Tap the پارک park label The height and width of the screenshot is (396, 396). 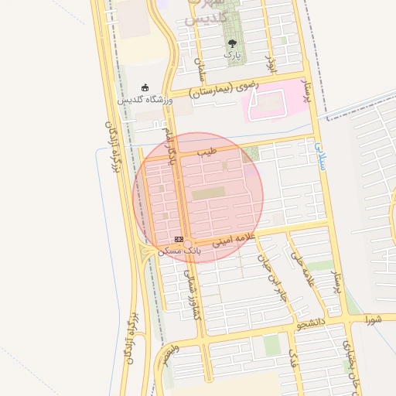pyautogui.click(x=232, y=55)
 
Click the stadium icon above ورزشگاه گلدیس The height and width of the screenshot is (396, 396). pyautogui.click(x=145, y=88)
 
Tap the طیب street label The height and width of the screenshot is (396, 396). pyautogui.click(x=207, y=152)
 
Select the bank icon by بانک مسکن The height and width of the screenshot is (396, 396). pyautogui.click(x=179, y=240)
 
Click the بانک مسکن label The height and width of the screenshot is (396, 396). pyautogui.click(x=179, y=251)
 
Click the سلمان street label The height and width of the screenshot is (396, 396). pyautogui.click(x=203, y=70)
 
